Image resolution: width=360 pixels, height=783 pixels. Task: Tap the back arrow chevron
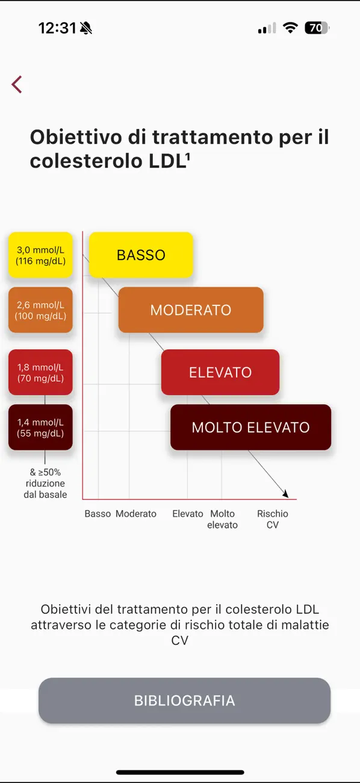(16, 84)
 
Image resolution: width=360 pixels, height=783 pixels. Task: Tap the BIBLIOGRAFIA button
(185, 700)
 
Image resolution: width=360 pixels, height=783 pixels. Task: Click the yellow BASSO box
(141, 255)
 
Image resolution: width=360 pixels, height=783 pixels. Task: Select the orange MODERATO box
(191, 310)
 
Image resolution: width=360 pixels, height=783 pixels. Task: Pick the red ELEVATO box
(220, 372)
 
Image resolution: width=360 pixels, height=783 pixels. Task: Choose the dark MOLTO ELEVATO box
(250, 427)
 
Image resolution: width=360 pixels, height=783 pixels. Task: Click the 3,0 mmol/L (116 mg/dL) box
(40, 255)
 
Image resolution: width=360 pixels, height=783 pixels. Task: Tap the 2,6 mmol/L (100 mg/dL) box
(40, 310)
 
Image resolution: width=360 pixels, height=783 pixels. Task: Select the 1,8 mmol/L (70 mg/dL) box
(40, 372)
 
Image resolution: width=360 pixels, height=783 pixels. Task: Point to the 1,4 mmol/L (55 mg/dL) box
(40, 427)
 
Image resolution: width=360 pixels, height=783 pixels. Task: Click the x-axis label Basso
(98, 514)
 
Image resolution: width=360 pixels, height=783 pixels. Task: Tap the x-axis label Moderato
(136, 514)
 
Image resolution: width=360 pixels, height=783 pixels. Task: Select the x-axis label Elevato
(188, 514)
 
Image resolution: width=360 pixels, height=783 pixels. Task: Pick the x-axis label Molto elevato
(222, 519)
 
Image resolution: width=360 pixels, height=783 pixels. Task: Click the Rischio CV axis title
(273, 519)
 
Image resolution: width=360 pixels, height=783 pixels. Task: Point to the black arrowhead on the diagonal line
(286, 493)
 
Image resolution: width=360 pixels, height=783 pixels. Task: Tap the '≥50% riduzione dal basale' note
(45, 483)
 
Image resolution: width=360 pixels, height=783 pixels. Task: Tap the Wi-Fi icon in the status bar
(290, 28)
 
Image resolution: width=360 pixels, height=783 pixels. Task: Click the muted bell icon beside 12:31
(86, 28)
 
